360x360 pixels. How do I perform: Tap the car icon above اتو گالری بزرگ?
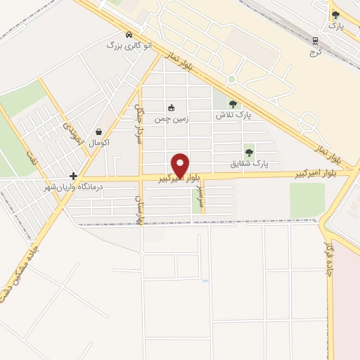(x=129, y=34)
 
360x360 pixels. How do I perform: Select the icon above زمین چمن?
(x=171, y=108)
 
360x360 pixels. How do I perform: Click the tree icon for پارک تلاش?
(x=233, y=104)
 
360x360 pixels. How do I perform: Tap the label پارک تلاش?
(x=234, y=115)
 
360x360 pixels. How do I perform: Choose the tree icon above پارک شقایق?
(x=248, y=153)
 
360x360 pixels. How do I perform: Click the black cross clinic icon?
(x=74, y=176)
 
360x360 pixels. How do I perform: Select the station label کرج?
(x=316, y=51)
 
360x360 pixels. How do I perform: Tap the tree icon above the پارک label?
(x=335, y=15)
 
